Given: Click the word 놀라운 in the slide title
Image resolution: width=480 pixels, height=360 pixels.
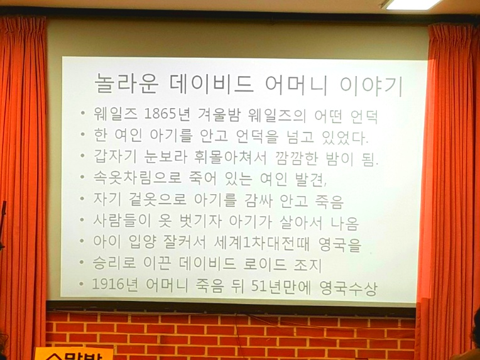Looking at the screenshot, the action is point(126,83).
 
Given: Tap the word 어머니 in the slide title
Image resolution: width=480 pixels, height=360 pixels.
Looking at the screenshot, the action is point(297,84).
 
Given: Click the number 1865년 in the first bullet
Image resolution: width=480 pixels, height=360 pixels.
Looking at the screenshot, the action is point(167,114).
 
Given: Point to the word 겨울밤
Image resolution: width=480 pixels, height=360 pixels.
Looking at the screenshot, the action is point(219,115).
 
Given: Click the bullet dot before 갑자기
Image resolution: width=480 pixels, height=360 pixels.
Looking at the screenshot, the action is point(82,155).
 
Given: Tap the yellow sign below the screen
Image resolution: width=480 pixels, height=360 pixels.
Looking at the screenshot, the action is point(74,354).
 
